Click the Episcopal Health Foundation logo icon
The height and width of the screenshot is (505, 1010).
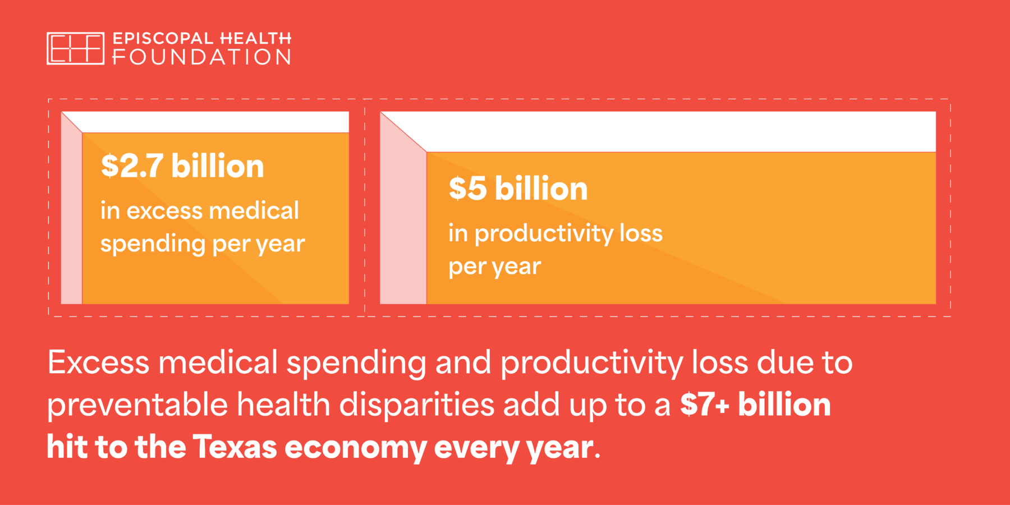[75, 48]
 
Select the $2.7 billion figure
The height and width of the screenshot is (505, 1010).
[182, 166]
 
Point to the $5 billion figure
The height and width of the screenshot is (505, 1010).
[518, 189]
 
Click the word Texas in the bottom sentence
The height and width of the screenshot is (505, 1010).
[235, 447]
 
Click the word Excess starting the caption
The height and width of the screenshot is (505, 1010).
[98, 362]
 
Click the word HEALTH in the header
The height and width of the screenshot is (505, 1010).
[255, 38]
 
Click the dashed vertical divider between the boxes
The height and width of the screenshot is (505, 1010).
[365, 208]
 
